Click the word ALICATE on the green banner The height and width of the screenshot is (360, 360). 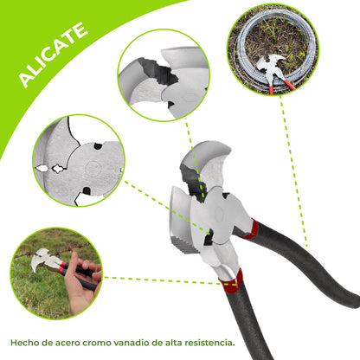pos(53,55)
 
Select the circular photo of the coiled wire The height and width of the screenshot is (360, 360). pos(272,49)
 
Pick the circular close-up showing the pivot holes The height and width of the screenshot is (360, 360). pos(78,161)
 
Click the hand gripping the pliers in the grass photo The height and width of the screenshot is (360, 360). pos(80,286)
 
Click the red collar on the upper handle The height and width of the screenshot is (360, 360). pos(251,229)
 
